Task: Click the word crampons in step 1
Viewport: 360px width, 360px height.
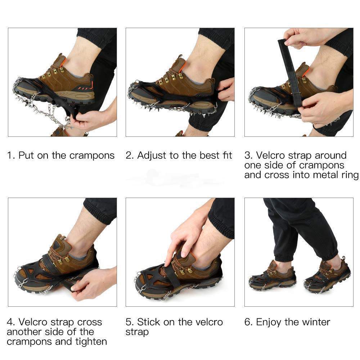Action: click(92, 156)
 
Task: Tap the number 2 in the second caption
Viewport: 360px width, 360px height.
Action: click(129, 156)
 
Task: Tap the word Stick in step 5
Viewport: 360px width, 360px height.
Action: click(148, 322)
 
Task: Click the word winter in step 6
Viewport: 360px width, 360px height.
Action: click(316, 322)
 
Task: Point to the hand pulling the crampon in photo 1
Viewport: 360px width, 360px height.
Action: click(94, 118)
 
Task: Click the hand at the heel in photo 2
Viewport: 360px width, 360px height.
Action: click(226, 90)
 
